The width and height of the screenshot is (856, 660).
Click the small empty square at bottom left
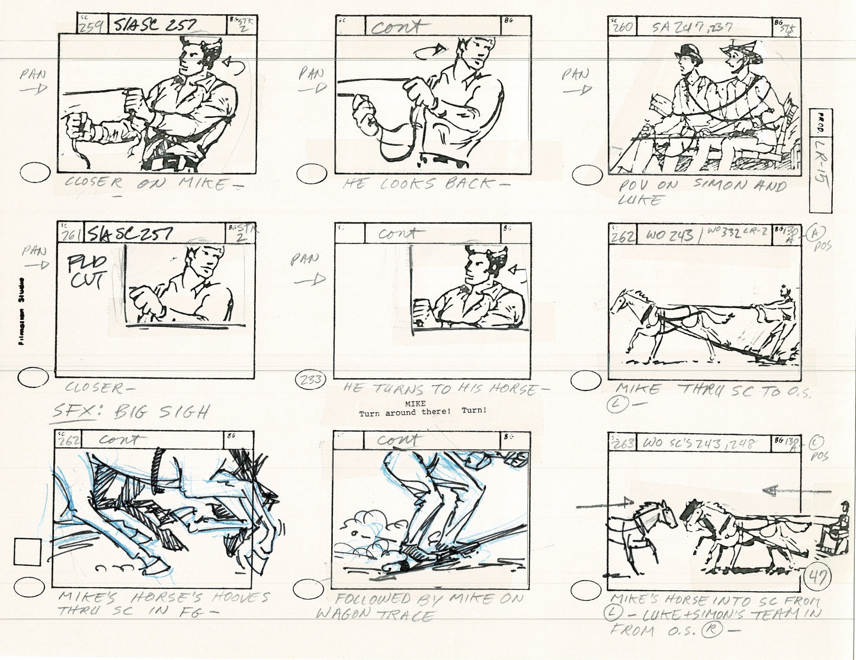coord(27,552)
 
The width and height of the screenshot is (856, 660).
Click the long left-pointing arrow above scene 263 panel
coord(806,489)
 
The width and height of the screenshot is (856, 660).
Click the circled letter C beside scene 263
coord(819,442)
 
